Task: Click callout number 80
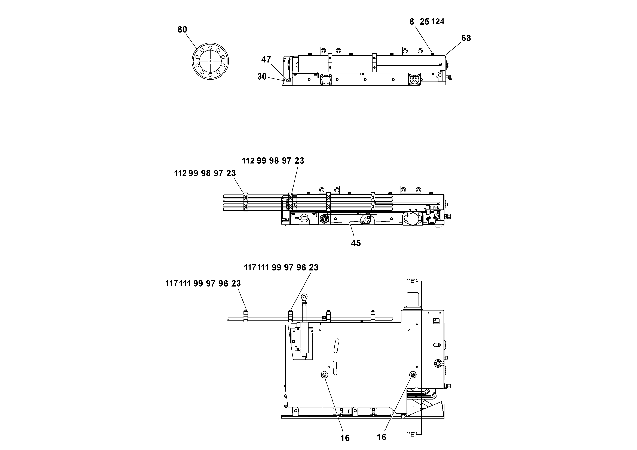pyautogui.click(x=182, y=29)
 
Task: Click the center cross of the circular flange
pyautogui.click(x=210, y=61)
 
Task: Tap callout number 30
pyautogui.click(x=262, y=77)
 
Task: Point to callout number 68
pyautogui.click(x=466, y=38)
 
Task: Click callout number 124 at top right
pyautogui.click(x=438, y=21)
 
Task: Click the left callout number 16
pyautogui.click(x=345, y=438)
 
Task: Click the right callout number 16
pyautogui.click(x=381, y=437)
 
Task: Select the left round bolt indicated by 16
pyautogui.click(x=324, y=375)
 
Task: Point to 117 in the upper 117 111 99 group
pyautogui.click(x=250, y=267)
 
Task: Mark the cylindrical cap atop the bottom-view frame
pyautogui.click(x=413, y=299)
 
